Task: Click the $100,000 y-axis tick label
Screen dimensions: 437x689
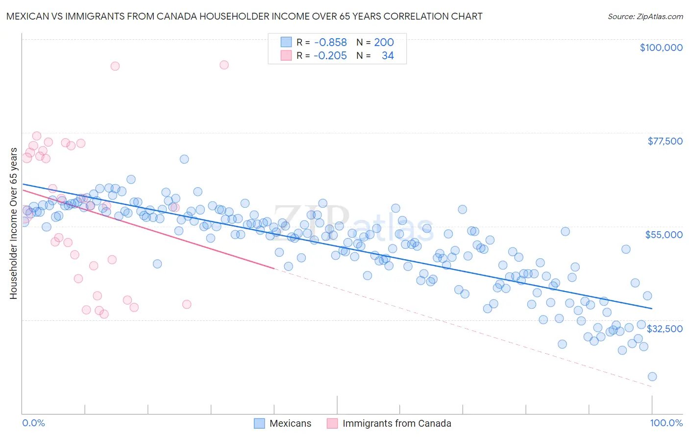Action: [x=661, y=48]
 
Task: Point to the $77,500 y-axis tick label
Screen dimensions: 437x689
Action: [x=664, y=141]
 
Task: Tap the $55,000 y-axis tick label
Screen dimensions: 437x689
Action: [x=664, y=235]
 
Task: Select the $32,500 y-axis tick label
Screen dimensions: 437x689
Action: [x=664, y=329]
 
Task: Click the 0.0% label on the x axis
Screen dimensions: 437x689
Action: [x=33, y=423]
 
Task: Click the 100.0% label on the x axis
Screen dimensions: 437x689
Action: [x=666, y=423]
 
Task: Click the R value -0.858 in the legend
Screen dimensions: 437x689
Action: [x=330, y=43]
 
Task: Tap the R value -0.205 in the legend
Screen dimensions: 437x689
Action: [x=330, y=56]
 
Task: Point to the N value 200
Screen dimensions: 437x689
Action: [x=384, y=43]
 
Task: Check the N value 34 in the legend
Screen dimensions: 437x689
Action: [x=388, y=56]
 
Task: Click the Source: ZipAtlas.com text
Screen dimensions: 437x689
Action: [x=645, y=17]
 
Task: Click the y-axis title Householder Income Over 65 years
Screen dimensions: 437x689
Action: [x=14, y=223]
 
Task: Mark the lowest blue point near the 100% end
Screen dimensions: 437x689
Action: [x=652, y=376]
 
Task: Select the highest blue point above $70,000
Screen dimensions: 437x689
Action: [x=184, y=159]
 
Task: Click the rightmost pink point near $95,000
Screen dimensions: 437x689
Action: [x=224, y=65]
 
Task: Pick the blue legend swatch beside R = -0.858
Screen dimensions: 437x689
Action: [x=286, y=43]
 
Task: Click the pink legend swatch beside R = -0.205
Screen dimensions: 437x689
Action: [x=286, y=56]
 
